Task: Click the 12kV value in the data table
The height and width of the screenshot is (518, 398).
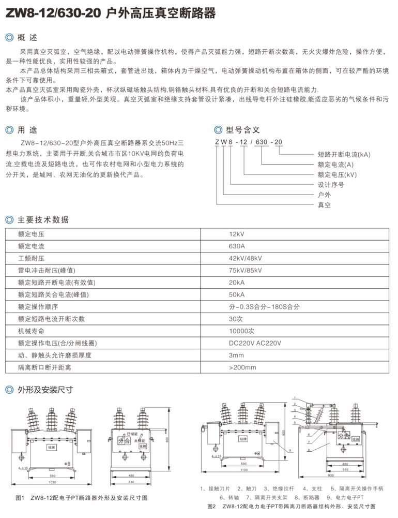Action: click(236, 234)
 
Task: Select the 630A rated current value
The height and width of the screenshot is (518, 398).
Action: click(236, 246)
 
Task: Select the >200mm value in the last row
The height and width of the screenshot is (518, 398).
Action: click(242, 367)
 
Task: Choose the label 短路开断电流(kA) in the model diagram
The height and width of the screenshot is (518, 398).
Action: click(344, 155)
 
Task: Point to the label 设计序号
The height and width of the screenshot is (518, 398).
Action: click(331, 185)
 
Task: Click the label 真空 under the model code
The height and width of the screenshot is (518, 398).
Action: click(324, 205)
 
